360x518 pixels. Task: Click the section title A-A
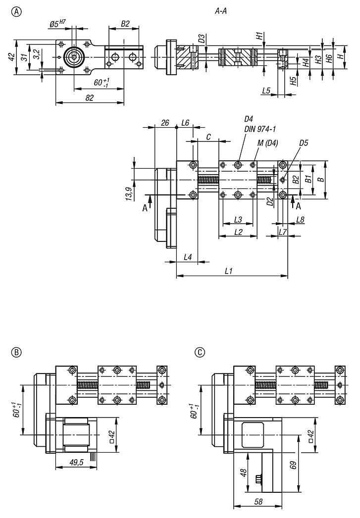[x=220, y=15]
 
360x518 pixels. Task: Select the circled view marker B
[x=16, y=352]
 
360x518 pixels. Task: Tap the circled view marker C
[x=200, y=352]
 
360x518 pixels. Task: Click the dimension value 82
[x=90, y=98]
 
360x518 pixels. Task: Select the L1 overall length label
[x=229, y=271]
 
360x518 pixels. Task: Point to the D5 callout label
[x=304, y=143]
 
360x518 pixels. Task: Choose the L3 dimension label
[x=238, y=219]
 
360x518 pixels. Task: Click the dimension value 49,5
[x=75, y=463]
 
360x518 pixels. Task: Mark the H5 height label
[x=294, y=80]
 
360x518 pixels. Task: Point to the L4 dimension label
[x=188, y=257]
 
